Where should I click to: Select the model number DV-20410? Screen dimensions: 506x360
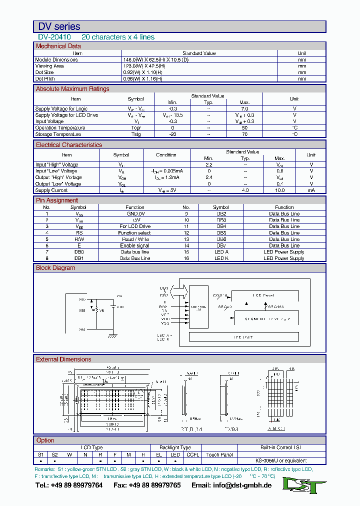click(54, 37)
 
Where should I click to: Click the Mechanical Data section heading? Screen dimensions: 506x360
click(58, 46)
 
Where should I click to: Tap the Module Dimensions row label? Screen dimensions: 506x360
click(56, 59)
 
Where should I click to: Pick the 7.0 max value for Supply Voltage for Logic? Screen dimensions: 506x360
click(244, 108)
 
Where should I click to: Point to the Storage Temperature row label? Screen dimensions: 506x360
click(58, 134)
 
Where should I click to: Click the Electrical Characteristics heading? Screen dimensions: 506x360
click(68, 145)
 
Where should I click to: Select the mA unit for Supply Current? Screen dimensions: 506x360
click(311, 190)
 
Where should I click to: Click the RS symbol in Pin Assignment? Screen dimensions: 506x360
click(79, 232)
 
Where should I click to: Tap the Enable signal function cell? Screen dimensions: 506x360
click(134, 245)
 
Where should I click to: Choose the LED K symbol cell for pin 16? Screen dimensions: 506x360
click(221, 258)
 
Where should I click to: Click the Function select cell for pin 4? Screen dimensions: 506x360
click(134, 232)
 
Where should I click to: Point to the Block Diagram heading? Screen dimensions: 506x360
click(55, 268)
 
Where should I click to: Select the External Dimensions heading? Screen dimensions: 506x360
click(63, 359)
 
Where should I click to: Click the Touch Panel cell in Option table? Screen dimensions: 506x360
click(219, 454)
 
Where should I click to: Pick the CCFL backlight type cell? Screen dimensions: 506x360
click(192, 454)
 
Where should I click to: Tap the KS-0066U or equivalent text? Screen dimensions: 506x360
click(280, 460)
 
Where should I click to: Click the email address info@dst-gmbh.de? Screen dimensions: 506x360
click(238, 485)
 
